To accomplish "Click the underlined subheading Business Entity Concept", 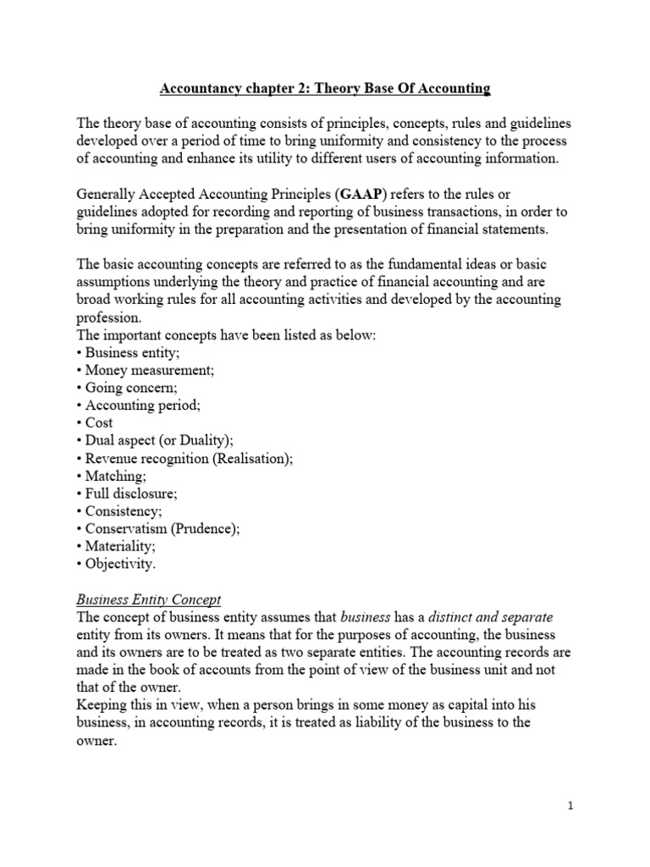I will coord(148,599).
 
